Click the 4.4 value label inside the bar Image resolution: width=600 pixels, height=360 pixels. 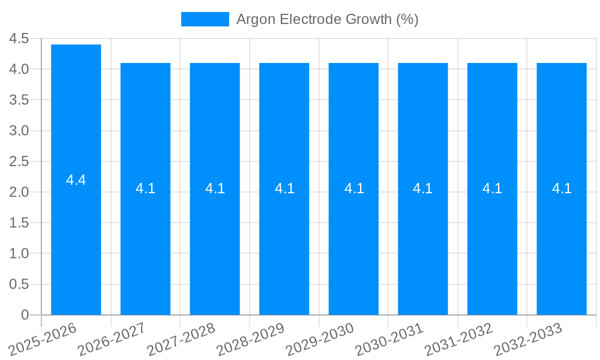(76, 179)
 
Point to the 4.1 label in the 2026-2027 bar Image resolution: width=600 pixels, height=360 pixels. (145, 188)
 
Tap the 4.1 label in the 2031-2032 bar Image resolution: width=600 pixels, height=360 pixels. (492, 188)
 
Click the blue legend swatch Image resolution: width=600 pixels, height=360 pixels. (205, 19)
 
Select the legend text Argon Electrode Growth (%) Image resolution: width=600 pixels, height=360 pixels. (327, 19)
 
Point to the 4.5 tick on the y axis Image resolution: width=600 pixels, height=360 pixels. (19, 38)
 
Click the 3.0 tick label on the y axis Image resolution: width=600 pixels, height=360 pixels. (19, 131)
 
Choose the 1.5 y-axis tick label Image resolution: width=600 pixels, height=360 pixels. (19, 223)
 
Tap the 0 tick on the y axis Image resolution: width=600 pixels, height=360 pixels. (25, 315)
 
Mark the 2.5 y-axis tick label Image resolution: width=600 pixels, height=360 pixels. (19, 161)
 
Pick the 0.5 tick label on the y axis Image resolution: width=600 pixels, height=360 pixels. (19, 284)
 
